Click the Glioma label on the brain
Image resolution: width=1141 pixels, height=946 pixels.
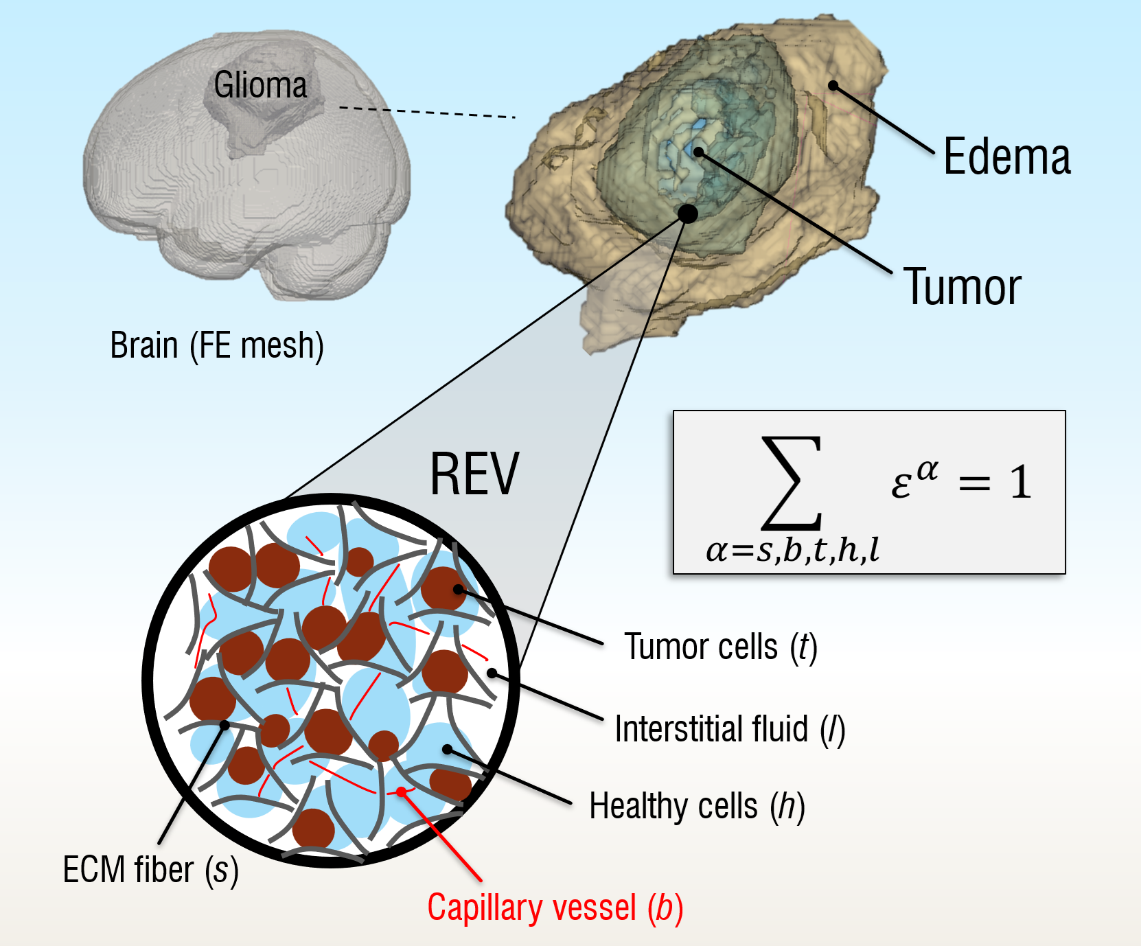260,85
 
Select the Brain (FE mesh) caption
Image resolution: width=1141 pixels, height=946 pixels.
217,345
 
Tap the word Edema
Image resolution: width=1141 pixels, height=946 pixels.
1006,157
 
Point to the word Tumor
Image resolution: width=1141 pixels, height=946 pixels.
962,287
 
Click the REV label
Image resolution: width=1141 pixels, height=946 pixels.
474,474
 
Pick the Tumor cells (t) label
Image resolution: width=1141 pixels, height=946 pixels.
720,647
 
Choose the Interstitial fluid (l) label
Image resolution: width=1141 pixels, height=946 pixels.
729,729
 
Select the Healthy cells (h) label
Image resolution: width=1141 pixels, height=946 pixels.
697,806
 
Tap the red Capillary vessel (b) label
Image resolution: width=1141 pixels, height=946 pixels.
555,908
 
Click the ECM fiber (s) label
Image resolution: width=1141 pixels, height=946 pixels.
150,870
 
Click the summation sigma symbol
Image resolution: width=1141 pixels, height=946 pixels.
792,483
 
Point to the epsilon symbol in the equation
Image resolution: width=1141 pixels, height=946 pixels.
901,484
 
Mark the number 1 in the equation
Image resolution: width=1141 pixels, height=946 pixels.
1021,482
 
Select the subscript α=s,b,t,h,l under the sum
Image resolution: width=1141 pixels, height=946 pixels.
792,550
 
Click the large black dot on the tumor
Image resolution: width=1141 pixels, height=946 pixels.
687,214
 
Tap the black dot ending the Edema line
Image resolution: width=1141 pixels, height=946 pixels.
833,86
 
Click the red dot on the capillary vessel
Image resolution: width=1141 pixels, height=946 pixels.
402,792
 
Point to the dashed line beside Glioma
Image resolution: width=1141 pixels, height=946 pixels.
427,113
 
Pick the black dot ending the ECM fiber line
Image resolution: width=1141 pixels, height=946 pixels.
224,725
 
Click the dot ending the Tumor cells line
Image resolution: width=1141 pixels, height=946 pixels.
458,589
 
